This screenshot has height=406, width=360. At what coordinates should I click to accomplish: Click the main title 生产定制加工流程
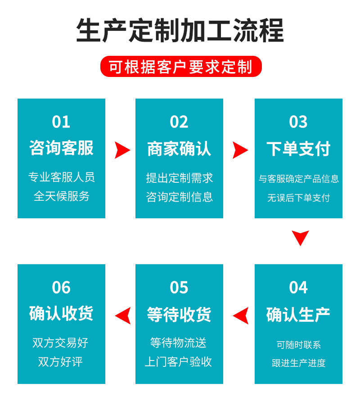tap(180, 30)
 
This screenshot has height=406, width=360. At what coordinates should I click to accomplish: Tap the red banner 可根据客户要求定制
tap(180, 67)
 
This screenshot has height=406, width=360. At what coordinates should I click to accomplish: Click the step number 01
tap(61, 122)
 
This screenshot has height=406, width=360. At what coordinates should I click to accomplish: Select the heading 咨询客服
tap(61, 148)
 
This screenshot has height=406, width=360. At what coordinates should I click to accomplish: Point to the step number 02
tap(179, 122)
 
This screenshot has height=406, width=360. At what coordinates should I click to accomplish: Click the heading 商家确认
tap(179, 149)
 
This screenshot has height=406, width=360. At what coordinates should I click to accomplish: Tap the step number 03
tap(298, 122)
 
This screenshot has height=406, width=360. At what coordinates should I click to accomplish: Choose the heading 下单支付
tap(298, 149)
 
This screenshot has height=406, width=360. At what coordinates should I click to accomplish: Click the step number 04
tap(298, 288)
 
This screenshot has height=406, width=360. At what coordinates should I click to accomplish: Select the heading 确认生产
tap(298, 314)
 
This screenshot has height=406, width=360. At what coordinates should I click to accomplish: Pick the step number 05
tap(179, 288)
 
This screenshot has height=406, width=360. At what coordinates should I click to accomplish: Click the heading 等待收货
tap(179, 314)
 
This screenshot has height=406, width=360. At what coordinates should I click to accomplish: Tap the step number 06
tap(61, 288)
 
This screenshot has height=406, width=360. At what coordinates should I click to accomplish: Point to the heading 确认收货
tap(61, 313)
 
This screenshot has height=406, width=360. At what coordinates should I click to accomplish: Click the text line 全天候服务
tap(61, 196)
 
